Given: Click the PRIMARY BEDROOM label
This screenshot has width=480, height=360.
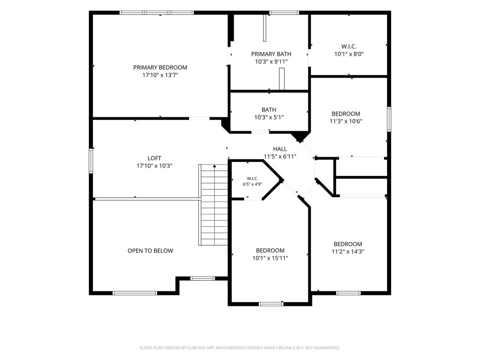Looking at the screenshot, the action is point(160,68).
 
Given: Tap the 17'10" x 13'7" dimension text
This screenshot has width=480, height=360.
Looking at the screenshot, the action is point(160,75).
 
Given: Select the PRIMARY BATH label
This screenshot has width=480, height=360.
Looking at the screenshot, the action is point(271,54).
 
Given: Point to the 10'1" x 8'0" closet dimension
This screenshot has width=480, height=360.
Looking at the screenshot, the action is point(349,54).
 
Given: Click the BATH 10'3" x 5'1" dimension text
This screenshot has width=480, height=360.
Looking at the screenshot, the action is point(269,117).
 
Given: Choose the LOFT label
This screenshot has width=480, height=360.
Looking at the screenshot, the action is point(154,158).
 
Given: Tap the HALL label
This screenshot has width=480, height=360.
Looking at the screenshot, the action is point(280,149).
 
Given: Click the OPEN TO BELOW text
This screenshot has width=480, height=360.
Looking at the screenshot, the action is point(150,251).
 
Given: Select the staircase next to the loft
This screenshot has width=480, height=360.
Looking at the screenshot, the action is point(213,205).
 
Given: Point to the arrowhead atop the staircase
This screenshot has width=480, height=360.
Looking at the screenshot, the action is point(214,166).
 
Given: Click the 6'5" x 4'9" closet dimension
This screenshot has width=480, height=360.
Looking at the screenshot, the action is point(252,184).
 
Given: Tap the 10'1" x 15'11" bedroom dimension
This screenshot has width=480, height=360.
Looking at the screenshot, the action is point(270,258).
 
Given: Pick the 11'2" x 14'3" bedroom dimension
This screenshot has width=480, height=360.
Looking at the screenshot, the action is point(348,252).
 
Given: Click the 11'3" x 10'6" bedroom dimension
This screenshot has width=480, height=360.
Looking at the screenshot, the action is point(346,121).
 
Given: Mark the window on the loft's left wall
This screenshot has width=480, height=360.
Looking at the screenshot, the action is point(91,161).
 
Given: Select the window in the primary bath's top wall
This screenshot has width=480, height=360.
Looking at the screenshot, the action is point(284,13).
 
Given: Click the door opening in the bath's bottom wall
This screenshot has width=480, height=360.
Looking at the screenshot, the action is point(260,132).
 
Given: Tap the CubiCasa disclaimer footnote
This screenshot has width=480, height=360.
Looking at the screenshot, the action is point(240,348).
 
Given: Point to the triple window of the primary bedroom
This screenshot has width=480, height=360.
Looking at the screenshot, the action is point(156,13).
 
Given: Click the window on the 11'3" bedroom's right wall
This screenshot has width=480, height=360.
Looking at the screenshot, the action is point(389,119).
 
